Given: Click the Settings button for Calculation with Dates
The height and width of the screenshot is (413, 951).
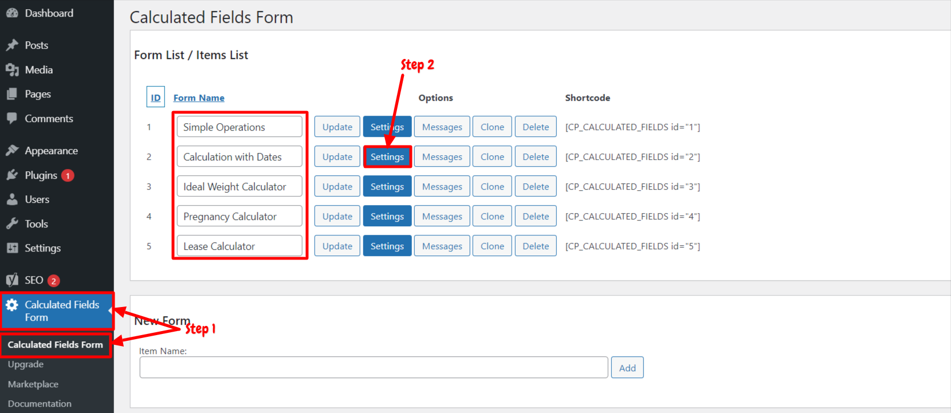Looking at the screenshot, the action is (x=387, y=156).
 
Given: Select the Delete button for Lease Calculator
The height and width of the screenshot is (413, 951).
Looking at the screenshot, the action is (x=535, y=246).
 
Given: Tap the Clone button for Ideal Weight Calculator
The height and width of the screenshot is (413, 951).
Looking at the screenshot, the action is (x=492, y=186).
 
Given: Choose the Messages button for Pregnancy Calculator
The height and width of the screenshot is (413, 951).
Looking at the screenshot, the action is (x=442, y=216).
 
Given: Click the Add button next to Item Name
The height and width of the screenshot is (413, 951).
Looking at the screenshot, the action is (x=627, y=368).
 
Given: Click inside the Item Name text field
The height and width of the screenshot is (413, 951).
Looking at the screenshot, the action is (x=374, y=368).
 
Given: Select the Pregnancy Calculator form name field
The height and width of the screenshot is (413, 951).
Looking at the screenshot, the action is (x=239, y=216).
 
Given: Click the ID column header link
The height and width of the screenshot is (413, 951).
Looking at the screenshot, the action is (x=156, y=97).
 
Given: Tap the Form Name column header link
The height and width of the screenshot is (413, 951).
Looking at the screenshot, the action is (x=199, y=97).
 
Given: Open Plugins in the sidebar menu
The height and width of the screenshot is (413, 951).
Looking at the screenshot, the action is (x=41, y=175).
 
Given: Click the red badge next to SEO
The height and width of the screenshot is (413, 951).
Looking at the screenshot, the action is (x=53, y=281).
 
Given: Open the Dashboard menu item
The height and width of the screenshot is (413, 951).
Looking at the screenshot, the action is (x=49, y=13).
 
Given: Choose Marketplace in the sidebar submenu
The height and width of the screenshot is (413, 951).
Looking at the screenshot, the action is (x=33, y=384).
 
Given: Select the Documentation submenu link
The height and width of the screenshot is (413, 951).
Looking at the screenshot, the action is (x=40, y=404).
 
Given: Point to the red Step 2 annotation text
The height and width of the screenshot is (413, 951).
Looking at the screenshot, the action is (x=418, y=65).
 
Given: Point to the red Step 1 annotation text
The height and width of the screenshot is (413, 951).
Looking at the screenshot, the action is (x=201, y=329).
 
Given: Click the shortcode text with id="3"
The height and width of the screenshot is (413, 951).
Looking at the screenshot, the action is (x=632, y=186).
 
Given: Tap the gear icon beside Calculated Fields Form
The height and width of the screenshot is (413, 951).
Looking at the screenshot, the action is (x=12, y=305).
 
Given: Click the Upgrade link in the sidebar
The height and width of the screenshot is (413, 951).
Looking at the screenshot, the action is (x=25, y=364).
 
